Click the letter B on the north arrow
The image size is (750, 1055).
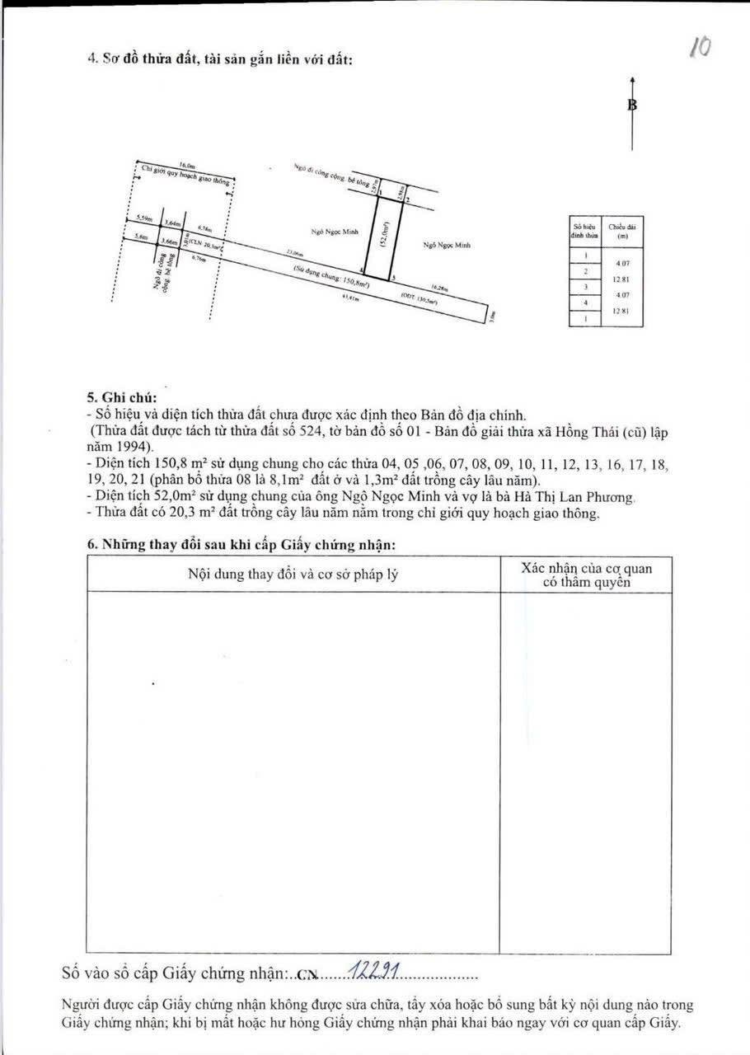click(632, 105)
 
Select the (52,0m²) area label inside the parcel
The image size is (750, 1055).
click(385, 240)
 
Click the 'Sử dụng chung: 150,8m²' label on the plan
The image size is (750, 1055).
click(330, 278)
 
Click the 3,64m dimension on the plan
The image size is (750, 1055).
click(171, 223)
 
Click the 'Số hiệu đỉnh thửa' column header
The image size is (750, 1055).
click(584, 230)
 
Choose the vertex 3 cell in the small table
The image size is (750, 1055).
click(584, 287)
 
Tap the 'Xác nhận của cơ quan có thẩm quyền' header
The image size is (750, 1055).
click(585, 574)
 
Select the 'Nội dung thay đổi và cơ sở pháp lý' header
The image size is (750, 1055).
click(293, 574)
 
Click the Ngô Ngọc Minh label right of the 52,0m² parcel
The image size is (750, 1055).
click(447, 246)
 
